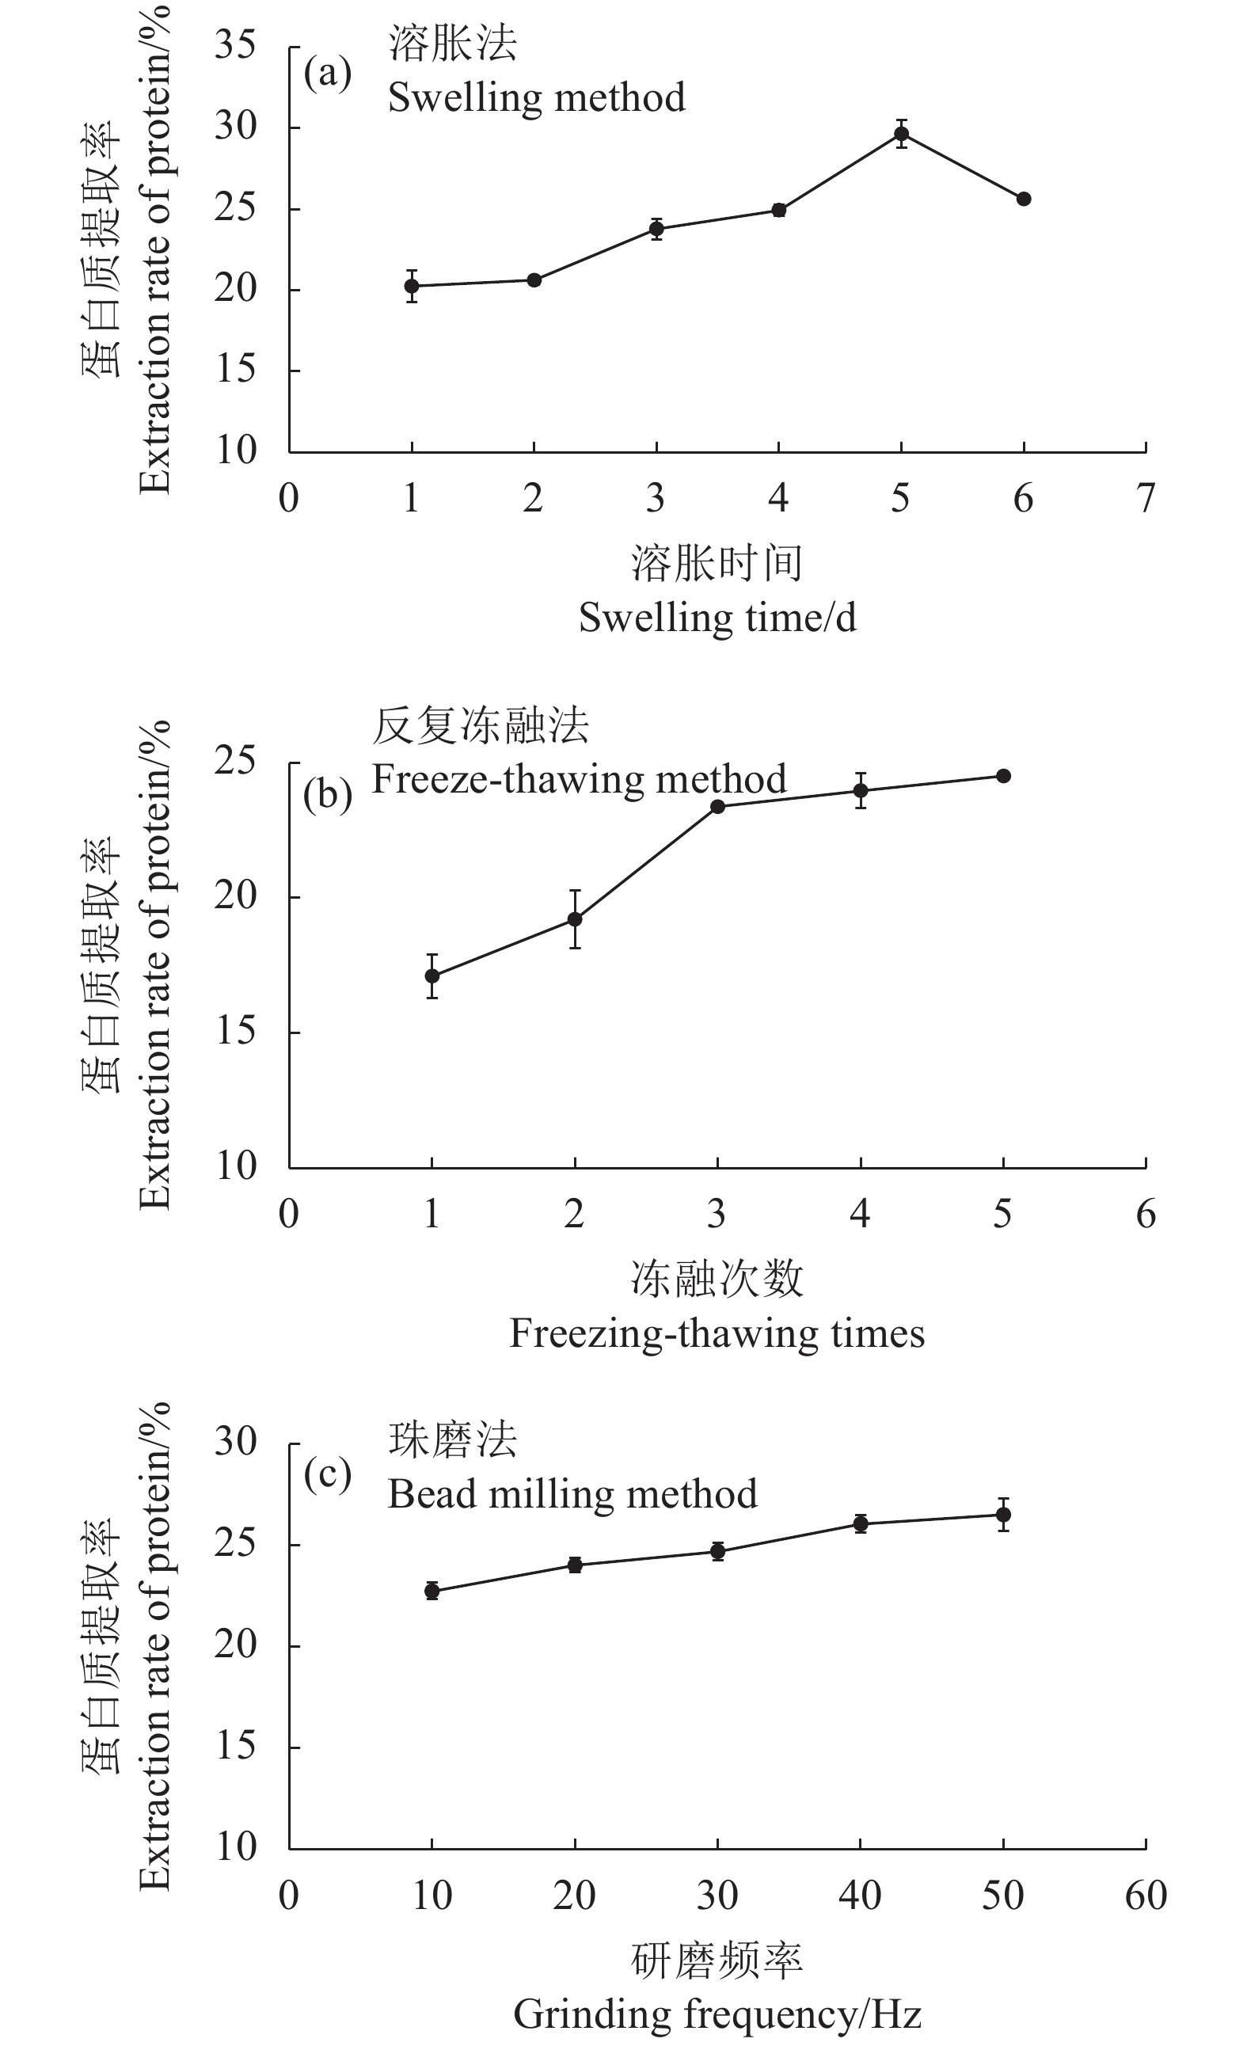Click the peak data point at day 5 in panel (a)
point(901,134)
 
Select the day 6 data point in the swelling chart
point(1024,200)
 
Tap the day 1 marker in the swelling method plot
point(412,287)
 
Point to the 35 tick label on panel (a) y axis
point(236,45)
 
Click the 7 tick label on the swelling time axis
point(1146,499)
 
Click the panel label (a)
point(327,73)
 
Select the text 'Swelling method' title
point(536,98)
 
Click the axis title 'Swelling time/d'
point(717,618)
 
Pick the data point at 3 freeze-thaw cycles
point(718,806)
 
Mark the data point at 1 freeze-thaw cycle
point(432,975)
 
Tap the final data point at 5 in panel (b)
point(1003,775)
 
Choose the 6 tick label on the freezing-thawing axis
point(1146,1215)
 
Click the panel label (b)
point(327,795)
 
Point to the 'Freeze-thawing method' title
point(579,780)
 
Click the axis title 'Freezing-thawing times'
point(717,1333)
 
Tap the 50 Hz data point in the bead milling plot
point(1003,1515)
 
